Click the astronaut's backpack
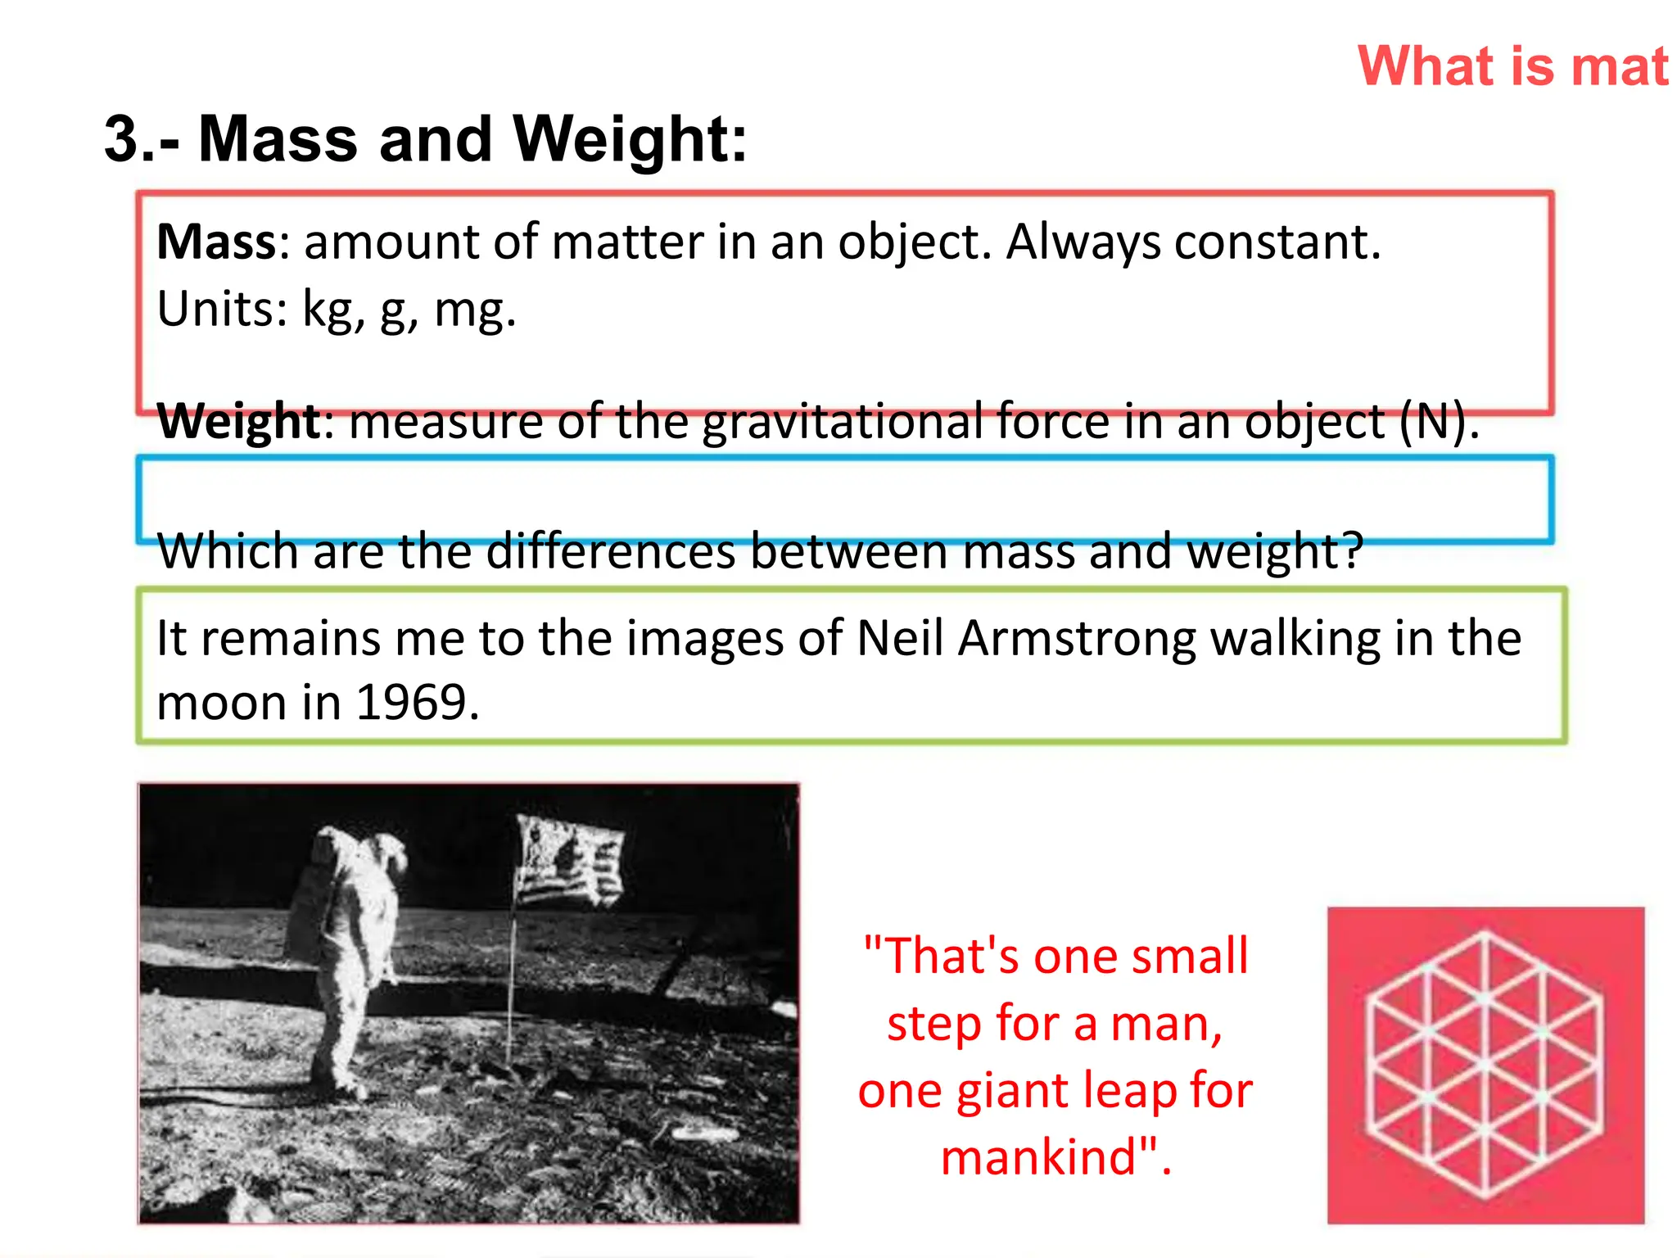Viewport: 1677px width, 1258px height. click(x=311, y=909)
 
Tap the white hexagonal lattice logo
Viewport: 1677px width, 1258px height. click(x=1485, y=1065)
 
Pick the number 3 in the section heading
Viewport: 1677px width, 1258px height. click(x=121, y=139)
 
